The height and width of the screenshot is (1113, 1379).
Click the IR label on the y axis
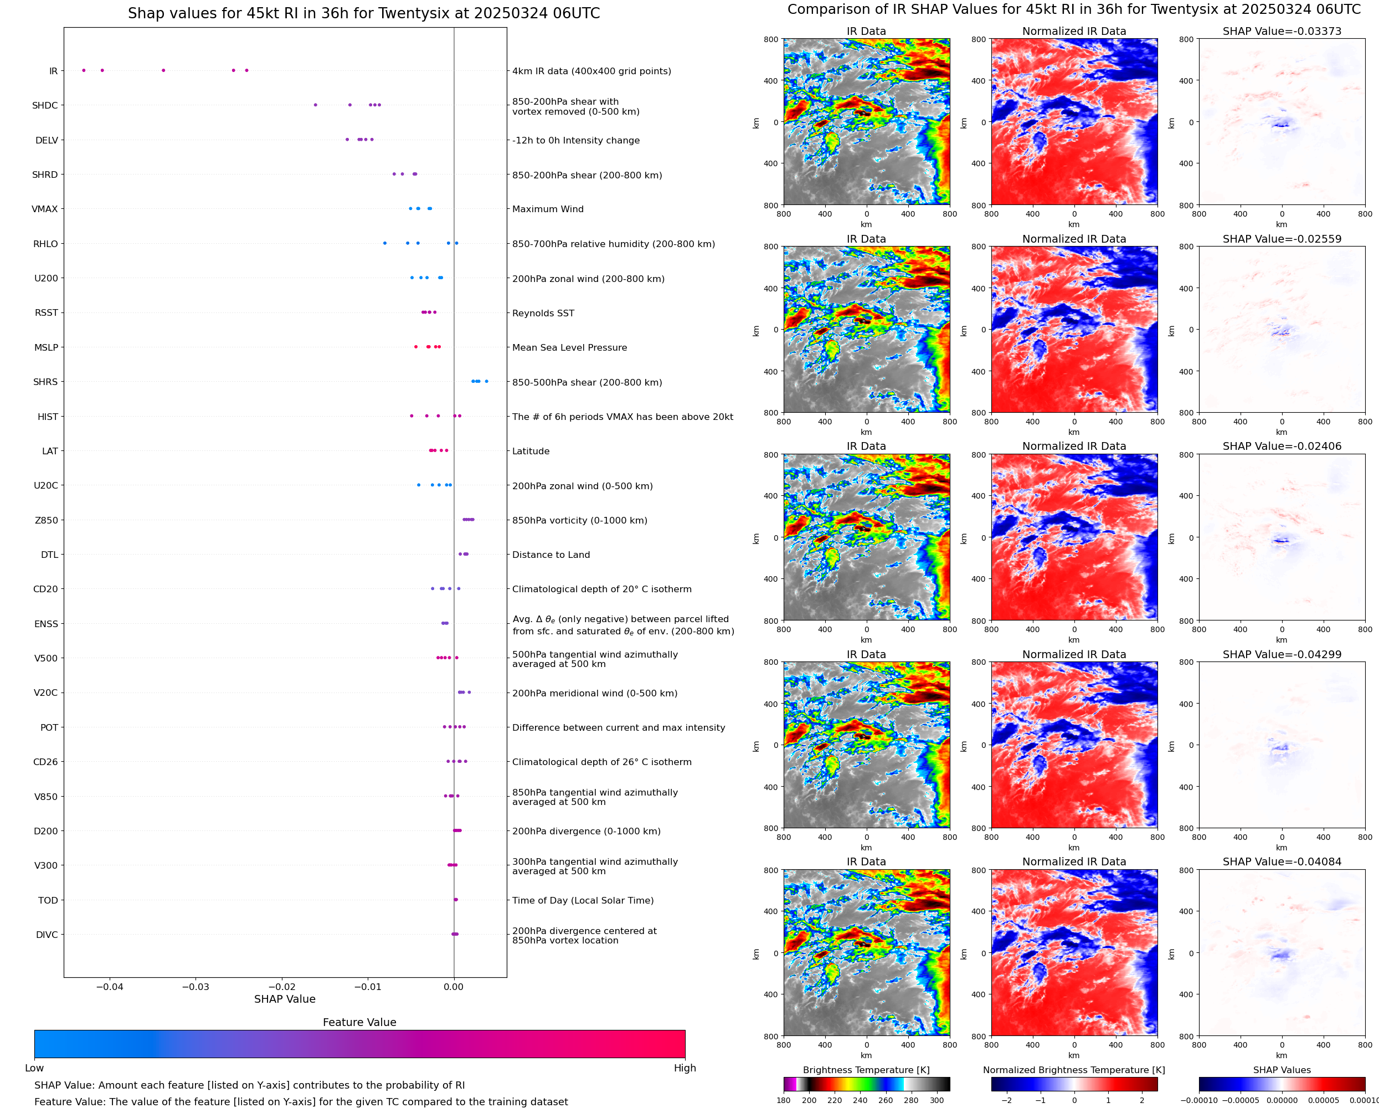point(53,71)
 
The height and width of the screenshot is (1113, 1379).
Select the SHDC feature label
point(45,106)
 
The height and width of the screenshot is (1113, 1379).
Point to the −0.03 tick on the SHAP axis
point(195,987)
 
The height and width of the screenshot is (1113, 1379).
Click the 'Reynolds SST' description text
point(543,314)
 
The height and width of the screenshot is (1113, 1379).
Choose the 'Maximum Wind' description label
point(547,209)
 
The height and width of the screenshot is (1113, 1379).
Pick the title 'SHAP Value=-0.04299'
point(1282,655)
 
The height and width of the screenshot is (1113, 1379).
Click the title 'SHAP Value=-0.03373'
point(1282,32)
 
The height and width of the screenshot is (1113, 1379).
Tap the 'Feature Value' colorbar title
point(359,1023)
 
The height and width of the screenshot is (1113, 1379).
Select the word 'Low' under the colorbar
point(34,1068)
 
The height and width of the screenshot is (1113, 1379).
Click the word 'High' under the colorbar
point(685,1068)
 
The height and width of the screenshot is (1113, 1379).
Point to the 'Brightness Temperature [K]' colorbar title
point(866,1070)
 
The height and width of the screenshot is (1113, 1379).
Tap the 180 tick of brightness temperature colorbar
point(784,1100)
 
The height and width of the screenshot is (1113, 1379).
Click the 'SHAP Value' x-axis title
point(285,999)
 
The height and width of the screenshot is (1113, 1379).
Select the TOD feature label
point(48,901)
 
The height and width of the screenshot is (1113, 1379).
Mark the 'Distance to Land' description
point(550,555)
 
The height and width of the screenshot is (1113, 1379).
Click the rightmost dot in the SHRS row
point(486,382)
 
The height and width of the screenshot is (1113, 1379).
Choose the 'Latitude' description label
point(531,452)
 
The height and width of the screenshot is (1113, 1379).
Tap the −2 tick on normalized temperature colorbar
point(1006,1100)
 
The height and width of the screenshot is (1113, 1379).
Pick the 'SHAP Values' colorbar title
point(1282,1070)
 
